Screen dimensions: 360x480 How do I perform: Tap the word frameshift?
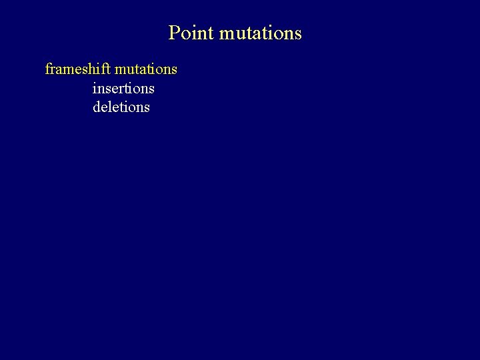(78, 69)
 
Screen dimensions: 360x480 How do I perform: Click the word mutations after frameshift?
(146, 69)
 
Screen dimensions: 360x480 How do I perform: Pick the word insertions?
(123, 88)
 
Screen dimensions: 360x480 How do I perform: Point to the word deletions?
(121, 107)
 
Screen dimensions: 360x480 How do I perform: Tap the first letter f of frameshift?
(47, 69)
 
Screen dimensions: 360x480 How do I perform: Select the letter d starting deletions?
(97, 107)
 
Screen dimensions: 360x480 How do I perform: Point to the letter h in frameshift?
(93, 69)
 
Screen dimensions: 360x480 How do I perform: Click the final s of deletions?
(147, 107)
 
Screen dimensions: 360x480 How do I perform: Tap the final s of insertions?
(151, 88)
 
